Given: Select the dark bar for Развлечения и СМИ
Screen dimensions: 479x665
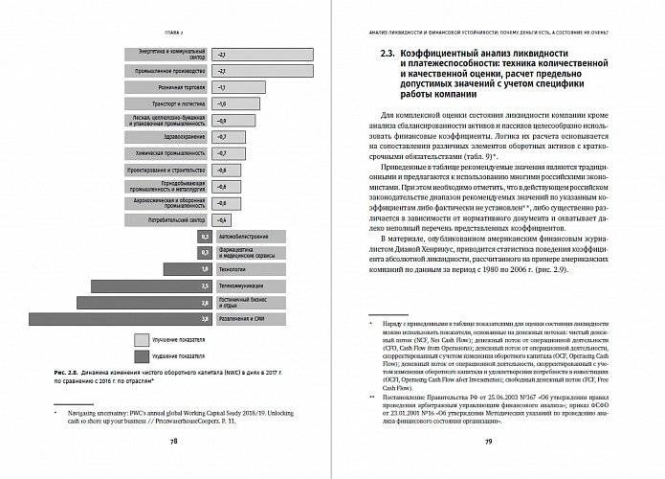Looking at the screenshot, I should [x=120, y=318].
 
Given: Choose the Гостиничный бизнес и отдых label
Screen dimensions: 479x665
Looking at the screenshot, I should [x=244, y=302].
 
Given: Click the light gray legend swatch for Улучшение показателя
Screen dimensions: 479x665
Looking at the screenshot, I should [x=142, y=339].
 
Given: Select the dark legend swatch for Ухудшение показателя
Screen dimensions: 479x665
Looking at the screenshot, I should [x=142, y=354].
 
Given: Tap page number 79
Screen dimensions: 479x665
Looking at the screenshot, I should [x=488, y=441].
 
